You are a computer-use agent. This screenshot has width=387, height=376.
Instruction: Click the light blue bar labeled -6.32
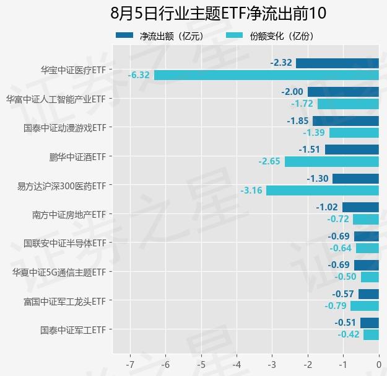(266, 75)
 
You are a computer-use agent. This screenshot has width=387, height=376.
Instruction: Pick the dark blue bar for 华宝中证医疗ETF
(337, 63)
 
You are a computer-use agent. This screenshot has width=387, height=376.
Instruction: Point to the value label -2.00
(292, 92)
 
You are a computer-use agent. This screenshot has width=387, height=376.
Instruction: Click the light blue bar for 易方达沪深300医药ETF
(323, 190)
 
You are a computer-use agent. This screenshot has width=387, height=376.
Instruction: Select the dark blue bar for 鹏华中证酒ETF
(352, 150)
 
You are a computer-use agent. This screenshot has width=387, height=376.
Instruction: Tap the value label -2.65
(269, 161)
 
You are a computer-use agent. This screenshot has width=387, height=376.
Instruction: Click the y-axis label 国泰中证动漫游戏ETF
(65, 128)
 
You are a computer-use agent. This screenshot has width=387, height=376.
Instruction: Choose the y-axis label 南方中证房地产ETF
(69, 215)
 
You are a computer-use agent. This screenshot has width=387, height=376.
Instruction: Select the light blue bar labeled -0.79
(365, 306)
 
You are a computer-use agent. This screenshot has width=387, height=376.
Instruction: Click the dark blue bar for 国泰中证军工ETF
(370, 323)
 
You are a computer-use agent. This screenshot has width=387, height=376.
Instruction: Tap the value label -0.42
(349, 334)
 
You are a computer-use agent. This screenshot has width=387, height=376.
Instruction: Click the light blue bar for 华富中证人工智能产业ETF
(348, 104)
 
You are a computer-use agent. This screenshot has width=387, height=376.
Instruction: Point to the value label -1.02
(327, 207)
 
